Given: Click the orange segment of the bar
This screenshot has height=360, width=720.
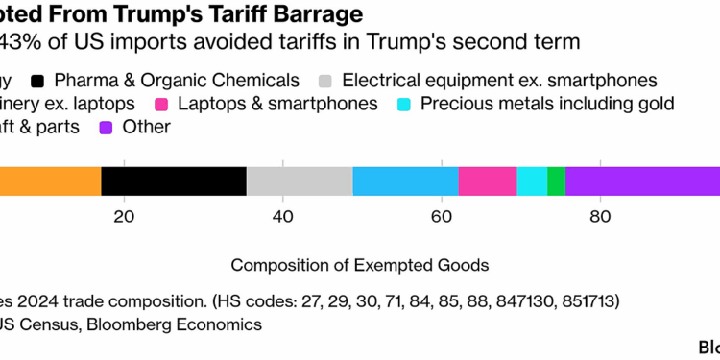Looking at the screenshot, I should point(50,181).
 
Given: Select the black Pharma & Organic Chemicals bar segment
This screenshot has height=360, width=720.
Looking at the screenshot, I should point(174,181).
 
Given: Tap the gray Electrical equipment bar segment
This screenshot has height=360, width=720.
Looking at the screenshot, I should point(300,181).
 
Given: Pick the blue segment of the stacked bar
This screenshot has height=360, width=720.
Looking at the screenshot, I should point(405,181).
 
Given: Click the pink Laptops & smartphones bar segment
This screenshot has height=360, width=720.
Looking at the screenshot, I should point(488,181).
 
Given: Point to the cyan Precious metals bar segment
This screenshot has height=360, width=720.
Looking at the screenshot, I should point(532,181).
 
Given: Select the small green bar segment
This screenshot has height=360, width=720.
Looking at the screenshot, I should point(556,181).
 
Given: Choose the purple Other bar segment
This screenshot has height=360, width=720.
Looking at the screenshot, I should point(642,181).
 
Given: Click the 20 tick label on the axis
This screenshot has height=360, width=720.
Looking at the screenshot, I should point(123,217).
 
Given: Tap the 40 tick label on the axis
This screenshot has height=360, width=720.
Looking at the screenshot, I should point(282,217).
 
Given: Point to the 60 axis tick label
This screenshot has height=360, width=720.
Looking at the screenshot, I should point(441,217).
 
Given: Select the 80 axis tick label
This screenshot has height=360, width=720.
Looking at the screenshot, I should point(599,217).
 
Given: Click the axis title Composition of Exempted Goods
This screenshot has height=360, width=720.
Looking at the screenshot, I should point(360,264).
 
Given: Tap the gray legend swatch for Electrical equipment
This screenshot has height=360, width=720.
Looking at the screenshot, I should point(324,81).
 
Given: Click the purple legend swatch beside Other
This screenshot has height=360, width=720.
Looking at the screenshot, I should point(107,127).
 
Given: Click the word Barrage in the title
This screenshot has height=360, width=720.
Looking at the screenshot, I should point(307,14).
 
